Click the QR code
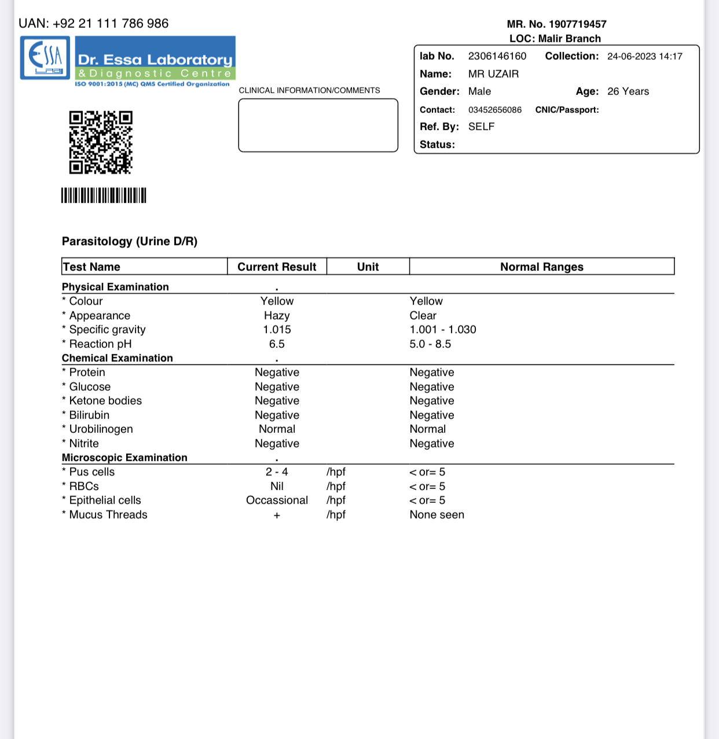tap(101, 142)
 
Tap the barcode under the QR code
tap(104, 196)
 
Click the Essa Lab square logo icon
tap(45, 58)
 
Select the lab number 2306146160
tap(497, 56)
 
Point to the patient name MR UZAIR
tap(493, 74)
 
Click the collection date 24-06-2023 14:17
tap(644, 57)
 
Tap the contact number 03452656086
tap(494, 110)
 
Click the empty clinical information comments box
tap(318, 126)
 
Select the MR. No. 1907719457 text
tap(556, 24)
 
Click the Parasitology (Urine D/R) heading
tap(130, 241)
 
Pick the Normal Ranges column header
tap(541, 267)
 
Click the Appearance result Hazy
tap(277, 315)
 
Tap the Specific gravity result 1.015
tap(277, 330)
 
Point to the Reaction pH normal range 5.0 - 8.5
tap(430, 344)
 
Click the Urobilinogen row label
tap(101, 429)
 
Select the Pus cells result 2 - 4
tap(277, 472)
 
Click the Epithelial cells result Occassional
tap(277, 501)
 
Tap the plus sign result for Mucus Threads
tap(277, 516)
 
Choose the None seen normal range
tap(436, 515)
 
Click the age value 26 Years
tap(628, 91)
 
